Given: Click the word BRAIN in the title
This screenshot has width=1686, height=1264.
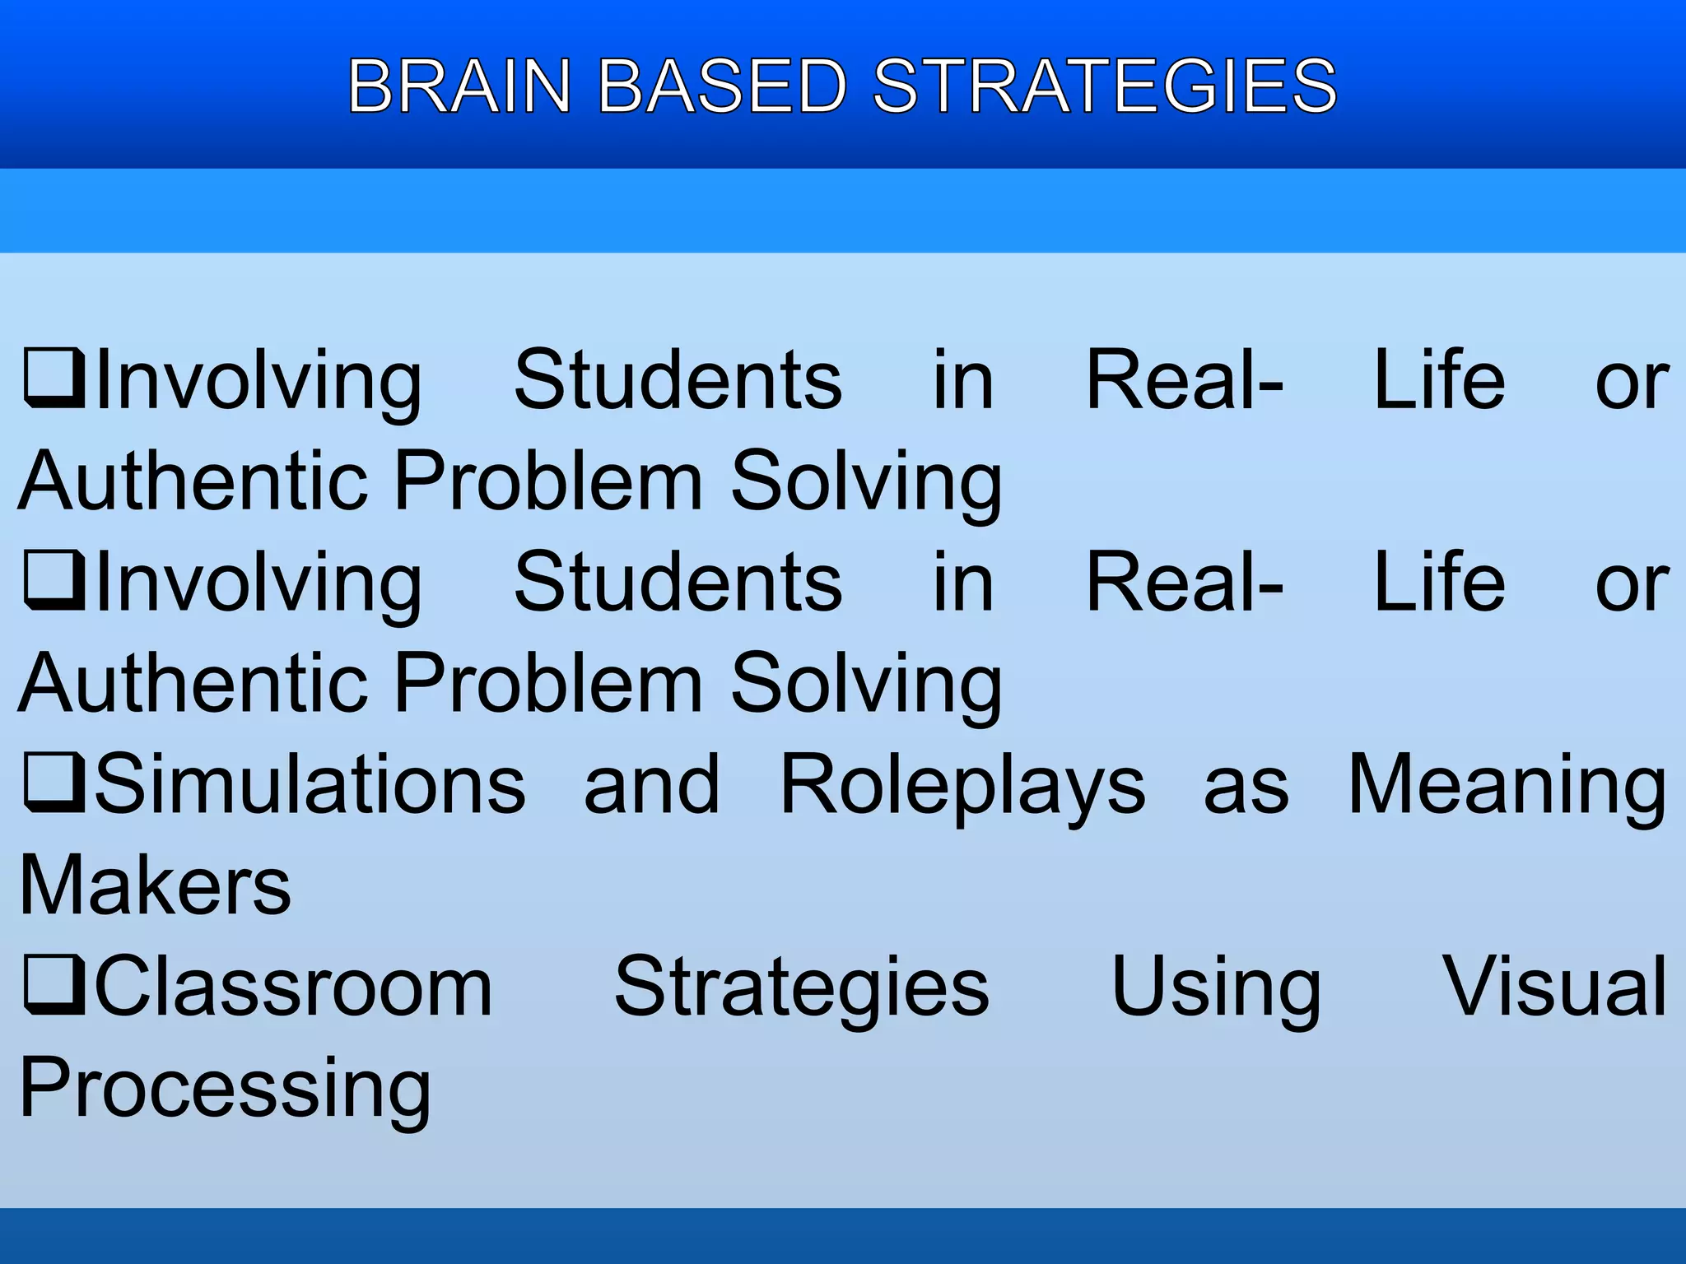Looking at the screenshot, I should [459, 86].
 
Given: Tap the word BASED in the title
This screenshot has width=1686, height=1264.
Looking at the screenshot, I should [722, 86].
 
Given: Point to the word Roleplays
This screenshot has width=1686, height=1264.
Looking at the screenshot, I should [962, 787].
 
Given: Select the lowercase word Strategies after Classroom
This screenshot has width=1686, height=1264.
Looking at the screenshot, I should [802, 988].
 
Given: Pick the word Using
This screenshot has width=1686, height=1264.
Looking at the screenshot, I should [1216, 988].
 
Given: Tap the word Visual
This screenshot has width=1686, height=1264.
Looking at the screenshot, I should [1555, 987].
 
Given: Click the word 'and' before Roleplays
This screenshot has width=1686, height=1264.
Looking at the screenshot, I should [652, 785].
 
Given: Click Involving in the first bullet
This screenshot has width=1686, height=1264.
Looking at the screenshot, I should [258, 382].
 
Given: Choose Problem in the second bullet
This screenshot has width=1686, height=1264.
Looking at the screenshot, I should [549, 682].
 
